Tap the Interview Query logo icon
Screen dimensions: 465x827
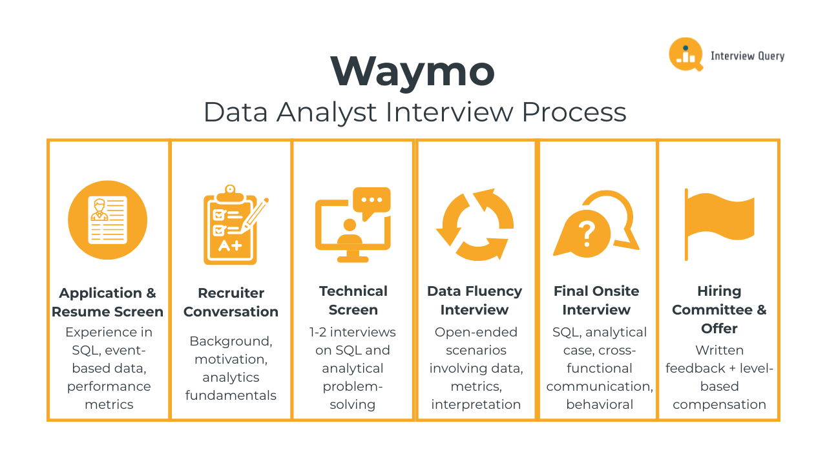pyautogui.click(x=686, y=54)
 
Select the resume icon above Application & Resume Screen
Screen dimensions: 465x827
pyautogui.click(x=107, y=220)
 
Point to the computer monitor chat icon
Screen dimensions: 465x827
pyautogui.click(x=353, y=223)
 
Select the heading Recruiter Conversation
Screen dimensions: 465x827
pyautogui.click(x=231, y=302)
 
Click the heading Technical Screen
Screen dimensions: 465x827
pyautogui.click(x=353, y=300)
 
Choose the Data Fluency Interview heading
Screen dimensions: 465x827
pyautogui.click(x=475, y=300)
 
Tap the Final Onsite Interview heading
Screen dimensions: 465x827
pyautogui.click(x=596, y=300)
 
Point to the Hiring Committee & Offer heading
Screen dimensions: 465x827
pyautogui.click(x=719, y=309)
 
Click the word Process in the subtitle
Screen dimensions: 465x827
pyautogui.click(x=574, y=112)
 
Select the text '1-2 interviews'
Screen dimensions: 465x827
pyautogui.click(x=353, y=332)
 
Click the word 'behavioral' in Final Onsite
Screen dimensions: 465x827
pyautogui.click(x=600, y=404)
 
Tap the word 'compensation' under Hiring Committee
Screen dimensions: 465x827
pyautogui.click(x=719, y=404)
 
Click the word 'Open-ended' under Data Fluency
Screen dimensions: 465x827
pyautogui.click(x=476, y=332)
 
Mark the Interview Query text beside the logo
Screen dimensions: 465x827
pyautogui.click(x=748, y=56)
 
